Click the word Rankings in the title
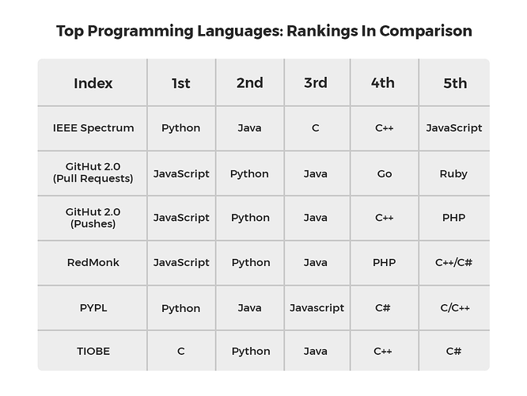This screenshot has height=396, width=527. coord(321,32)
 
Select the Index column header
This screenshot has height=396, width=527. coord(93,83)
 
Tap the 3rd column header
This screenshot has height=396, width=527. coord(316,83)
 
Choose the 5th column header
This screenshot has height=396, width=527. coord(455,83)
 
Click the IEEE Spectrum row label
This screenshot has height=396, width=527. coord(93,128)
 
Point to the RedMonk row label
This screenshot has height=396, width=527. coord(93,262)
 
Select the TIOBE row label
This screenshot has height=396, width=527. coord(93,352)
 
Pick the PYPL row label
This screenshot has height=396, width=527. coord(93,308)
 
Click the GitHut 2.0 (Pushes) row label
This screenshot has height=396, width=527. coord(93,218)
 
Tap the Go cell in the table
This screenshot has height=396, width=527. coord(385,173)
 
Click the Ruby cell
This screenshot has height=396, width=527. coord(453,174)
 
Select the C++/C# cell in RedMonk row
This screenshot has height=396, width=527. coord(453,262)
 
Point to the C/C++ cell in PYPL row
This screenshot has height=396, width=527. coord(455,308)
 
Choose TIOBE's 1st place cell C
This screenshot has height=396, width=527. coord(181,352)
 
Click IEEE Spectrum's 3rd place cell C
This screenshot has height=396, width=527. coord(315,128)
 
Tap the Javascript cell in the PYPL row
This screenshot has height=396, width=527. coord(317,308)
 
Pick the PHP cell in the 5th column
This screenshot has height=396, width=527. coord(453,218)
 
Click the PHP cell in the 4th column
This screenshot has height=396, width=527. coord(384,262)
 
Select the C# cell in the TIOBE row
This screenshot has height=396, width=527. coord(453,352)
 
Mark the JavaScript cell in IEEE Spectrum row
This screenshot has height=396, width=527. coord(454,128)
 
